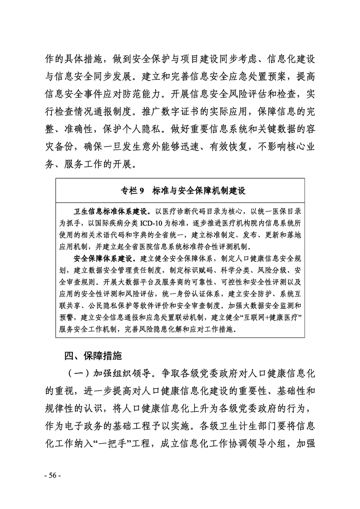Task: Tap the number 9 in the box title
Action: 141,191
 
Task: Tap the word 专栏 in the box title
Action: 128,191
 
